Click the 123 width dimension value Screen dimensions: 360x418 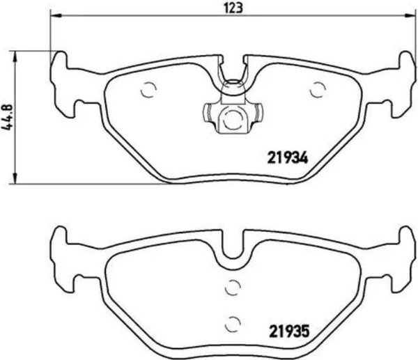[x=233, y=8]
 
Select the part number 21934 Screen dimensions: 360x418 [x=288, y=157]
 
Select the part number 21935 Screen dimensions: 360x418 [x=288, y=331]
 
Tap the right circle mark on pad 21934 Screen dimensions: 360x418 [x=318, y=89]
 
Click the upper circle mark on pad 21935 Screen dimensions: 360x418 [x=233, y=285]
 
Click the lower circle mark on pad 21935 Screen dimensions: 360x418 [x=233, y=322]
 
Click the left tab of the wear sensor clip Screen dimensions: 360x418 [x=208, y=111]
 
